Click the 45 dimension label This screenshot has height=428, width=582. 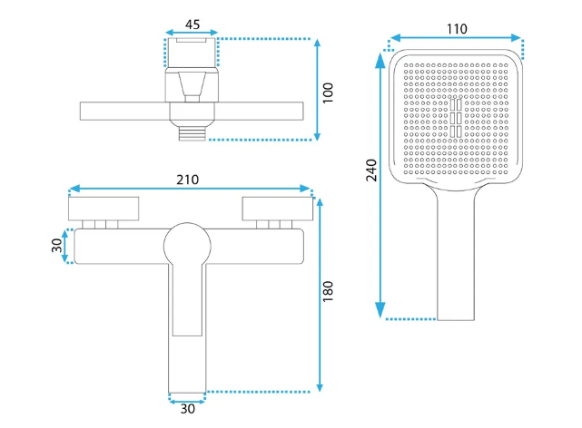192,24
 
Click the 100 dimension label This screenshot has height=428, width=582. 328,93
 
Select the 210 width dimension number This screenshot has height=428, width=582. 187,180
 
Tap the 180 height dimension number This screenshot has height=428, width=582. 328,291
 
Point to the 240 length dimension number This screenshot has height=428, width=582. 371,170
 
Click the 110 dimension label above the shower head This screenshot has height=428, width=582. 457,29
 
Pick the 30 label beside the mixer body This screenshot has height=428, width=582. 57,246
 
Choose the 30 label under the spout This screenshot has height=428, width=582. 187,409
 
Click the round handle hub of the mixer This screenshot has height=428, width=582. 187,246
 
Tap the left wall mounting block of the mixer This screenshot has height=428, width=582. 104,209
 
